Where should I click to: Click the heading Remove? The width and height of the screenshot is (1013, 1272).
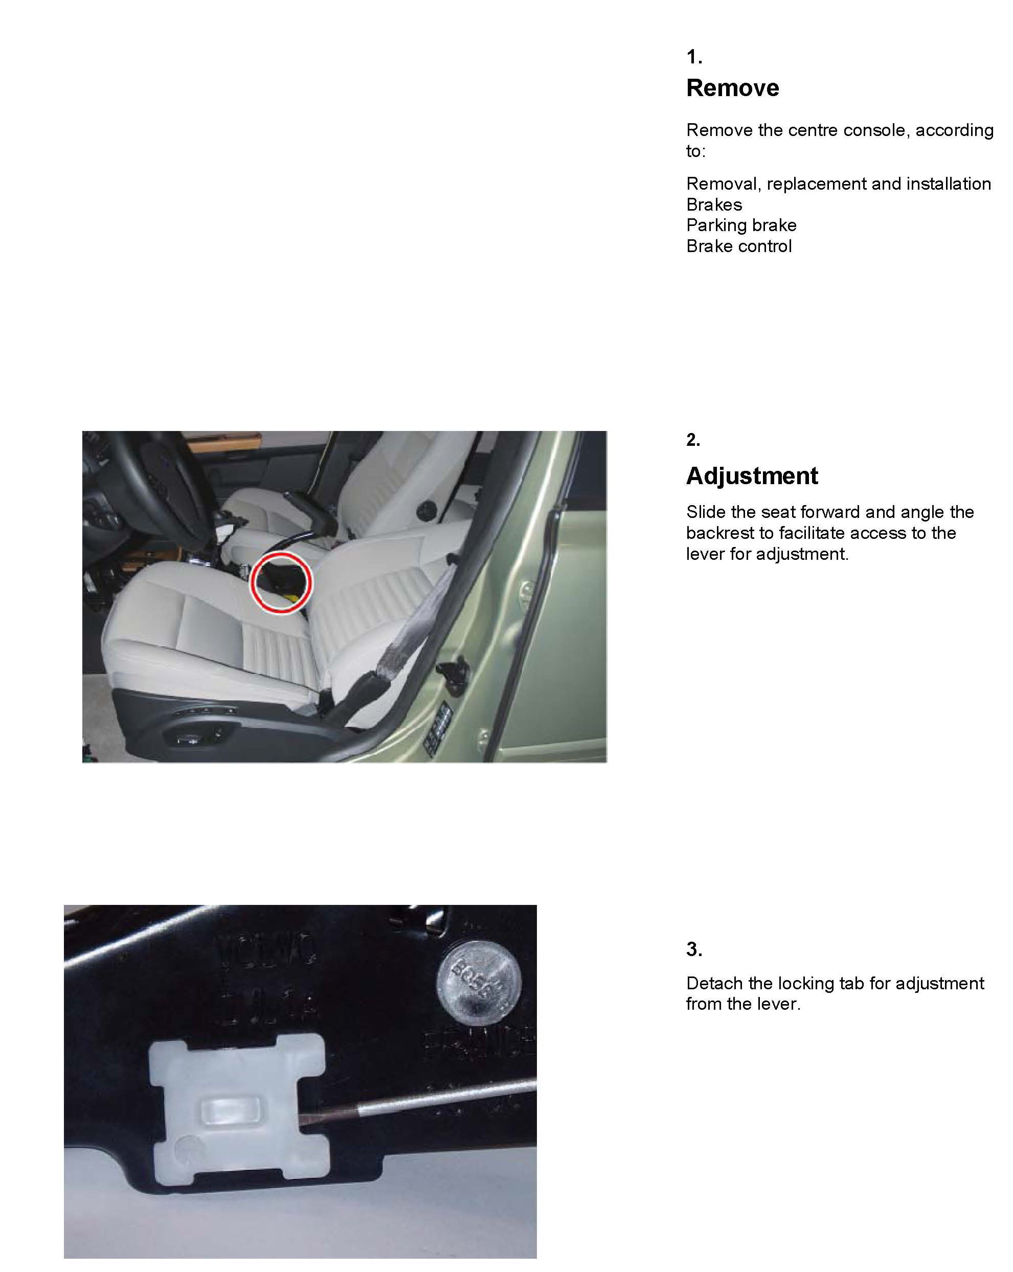732,88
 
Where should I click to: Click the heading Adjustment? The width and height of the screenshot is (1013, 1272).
752,476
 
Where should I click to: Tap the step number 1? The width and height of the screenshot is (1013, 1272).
694,57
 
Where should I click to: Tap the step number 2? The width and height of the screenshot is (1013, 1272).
693,440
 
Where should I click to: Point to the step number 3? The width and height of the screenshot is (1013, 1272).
694,949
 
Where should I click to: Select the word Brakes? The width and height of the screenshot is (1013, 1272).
714,205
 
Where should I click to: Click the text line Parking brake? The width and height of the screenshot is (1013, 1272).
741,225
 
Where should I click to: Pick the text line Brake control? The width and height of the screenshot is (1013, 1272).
739,246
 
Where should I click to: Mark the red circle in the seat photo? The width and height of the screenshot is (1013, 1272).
281,582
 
